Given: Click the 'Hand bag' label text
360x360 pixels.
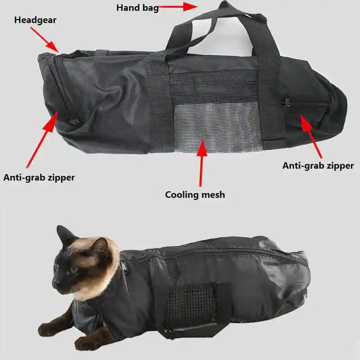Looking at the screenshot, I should coord(137,8).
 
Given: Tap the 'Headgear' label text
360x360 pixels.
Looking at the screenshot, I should coord(35,20).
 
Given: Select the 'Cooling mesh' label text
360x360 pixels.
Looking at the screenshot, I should coord(195,195).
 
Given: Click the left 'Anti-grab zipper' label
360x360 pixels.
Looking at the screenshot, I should coord(39,177).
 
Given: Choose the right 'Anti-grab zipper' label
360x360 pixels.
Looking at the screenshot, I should coord(318,166).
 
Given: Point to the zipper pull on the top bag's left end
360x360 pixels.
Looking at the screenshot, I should coord(68,121).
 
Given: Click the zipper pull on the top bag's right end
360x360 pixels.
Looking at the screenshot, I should coord(287,102).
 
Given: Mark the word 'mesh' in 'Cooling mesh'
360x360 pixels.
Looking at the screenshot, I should coord(212,195).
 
